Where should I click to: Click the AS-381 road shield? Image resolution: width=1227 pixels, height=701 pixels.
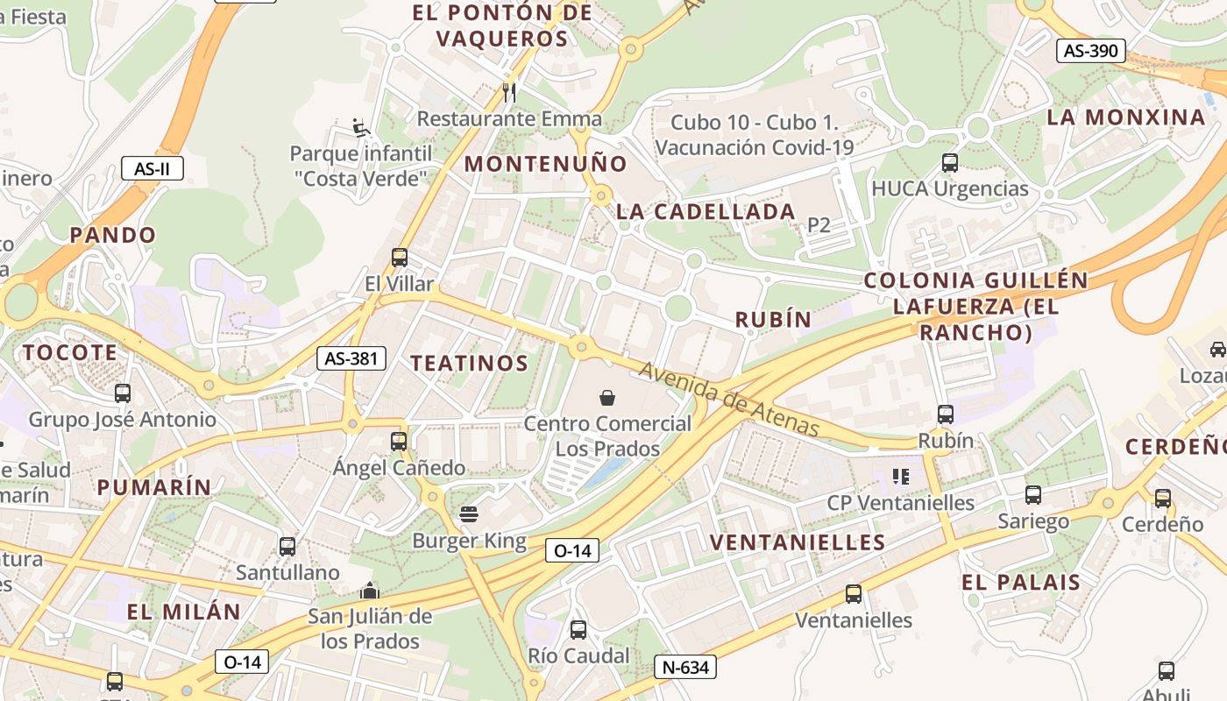(351, 358)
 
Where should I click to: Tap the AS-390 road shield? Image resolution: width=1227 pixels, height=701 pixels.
(1090, 51)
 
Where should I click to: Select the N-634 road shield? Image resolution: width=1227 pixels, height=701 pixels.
(685, 667)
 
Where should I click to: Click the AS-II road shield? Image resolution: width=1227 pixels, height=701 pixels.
(152, 168)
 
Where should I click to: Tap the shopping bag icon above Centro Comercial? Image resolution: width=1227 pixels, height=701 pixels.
(607, 398)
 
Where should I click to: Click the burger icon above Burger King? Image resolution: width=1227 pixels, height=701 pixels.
(469, 513)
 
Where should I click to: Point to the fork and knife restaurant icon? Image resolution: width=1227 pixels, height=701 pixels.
(509, 91)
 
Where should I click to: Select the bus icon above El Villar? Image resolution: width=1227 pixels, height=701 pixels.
(400, 258)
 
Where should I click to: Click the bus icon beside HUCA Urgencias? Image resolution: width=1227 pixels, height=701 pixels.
(950, 162)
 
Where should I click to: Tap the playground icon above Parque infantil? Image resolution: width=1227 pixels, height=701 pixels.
(360, 128)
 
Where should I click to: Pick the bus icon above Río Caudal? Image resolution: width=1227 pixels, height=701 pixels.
(578, 629)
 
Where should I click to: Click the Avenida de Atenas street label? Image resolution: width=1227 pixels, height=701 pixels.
(729, 400)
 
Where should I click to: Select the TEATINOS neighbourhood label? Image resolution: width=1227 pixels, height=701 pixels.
(470, 363)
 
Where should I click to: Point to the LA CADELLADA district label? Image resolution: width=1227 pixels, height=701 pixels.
(706, 211)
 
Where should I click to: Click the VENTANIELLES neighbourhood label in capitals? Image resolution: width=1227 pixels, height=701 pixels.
(798, 542)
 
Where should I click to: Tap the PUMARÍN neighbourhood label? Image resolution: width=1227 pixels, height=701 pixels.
(154, 487)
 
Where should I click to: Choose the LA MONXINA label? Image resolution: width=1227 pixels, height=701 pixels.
(1126, 117)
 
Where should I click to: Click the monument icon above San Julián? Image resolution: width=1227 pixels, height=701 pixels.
(370, 591)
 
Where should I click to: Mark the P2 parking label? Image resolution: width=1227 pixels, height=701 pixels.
(819, 225)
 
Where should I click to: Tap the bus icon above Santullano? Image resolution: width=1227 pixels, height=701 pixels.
(287, 547)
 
